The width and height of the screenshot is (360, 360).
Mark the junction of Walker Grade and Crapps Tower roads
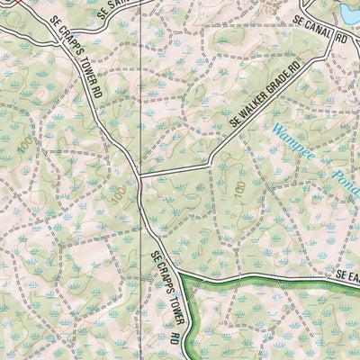[138, 174]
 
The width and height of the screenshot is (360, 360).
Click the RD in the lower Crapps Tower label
[172, 340]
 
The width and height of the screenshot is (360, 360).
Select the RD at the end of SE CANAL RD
[342, 41]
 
